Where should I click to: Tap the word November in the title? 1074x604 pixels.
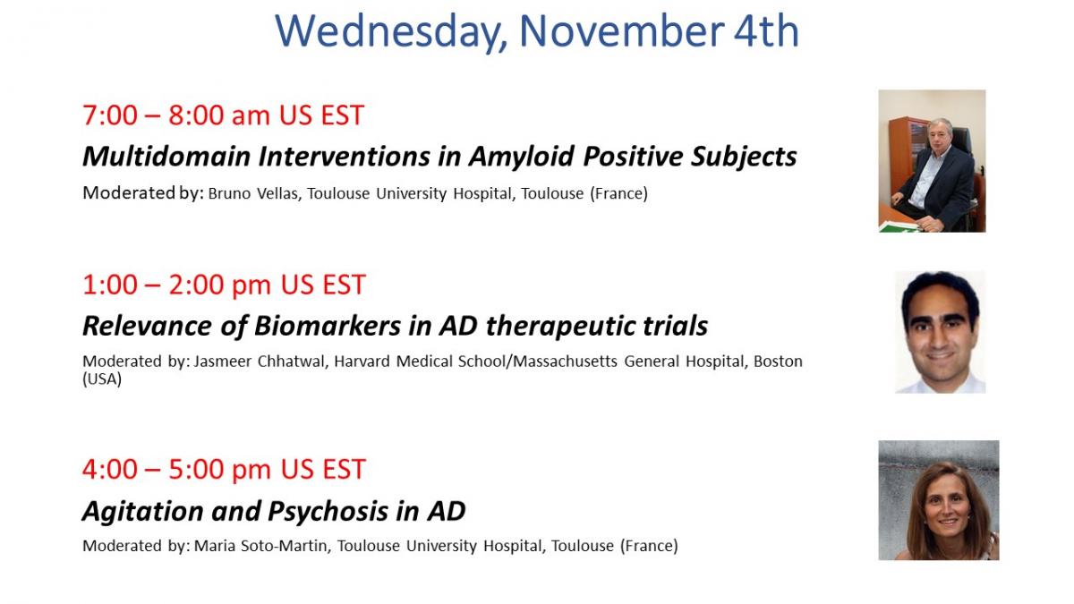622,31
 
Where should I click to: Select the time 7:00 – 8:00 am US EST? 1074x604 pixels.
224,115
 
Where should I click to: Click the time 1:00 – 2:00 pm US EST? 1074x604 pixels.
224,285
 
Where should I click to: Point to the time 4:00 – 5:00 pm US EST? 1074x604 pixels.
224,469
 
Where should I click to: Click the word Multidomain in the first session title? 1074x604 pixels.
166,157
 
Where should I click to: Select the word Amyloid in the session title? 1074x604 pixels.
521,157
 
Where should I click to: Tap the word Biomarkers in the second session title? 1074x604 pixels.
328,326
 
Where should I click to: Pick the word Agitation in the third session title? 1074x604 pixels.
143,512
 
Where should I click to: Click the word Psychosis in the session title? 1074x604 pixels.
328,512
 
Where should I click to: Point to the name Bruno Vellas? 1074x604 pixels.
254,193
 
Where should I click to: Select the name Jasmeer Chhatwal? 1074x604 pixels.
260,361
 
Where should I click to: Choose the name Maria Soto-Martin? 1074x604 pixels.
261,546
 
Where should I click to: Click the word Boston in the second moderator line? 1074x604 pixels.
778,361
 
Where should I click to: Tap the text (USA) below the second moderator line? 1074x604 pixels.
102,379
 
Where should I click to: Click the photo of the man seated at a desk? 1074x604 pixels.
932,161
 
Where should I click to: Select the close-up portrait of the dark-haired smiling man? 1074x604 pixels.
941,332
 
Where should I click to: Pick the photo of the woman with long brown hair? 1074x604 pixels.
939,500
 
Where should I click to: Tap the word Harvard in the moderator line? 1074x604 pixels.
362,361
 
